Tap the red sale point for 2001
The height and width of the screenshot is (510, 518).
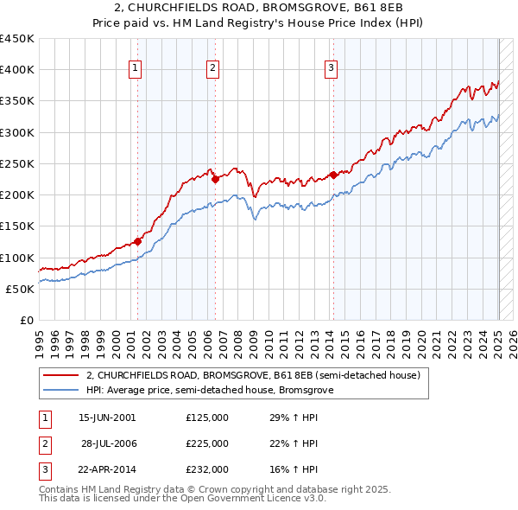point(137,242)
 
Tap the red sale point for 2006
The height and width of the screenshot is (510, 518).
point(215,180)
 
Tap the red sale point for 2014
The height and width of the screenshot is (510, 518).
point(333,175)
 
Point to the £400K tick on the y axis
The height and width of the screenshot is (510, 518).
point(18,70)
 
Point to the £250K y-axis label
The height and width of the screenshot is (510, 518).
point(18,163)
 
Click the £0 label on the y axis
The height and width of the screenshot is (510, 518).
point(28,320)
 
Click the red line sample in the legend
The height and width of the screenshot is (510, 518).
point(60,375)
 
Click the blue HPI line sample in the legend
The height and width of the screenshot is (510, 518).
point(60,390)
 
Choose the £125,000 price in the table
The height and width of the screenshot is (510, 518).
point(207,417)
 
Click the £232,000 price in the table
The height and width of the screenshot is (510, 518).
point(207,469)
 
